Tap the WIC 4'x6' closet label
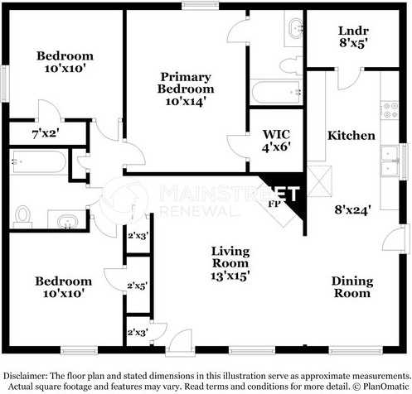[276, 141]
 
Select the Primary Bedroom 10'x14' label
[186, 89]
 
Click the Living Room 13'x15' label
[230, 263]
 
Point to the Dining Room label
[352, 287]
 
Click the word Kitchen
[351, 136]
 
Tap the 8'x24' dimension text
[352, 210]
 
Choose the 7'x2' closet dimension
[46, 134]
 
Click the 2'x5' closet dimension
[137, 286]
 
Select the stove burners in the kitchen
[390, 110]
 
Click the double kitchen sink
[390, 161]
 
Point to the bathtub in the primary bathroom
[276, 92]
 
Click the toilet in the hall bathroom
[22, 216]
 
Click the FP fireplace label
[274, 204]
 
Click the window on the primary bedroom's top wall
[200, 6]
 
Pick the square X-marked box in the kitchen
[320, 181]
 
